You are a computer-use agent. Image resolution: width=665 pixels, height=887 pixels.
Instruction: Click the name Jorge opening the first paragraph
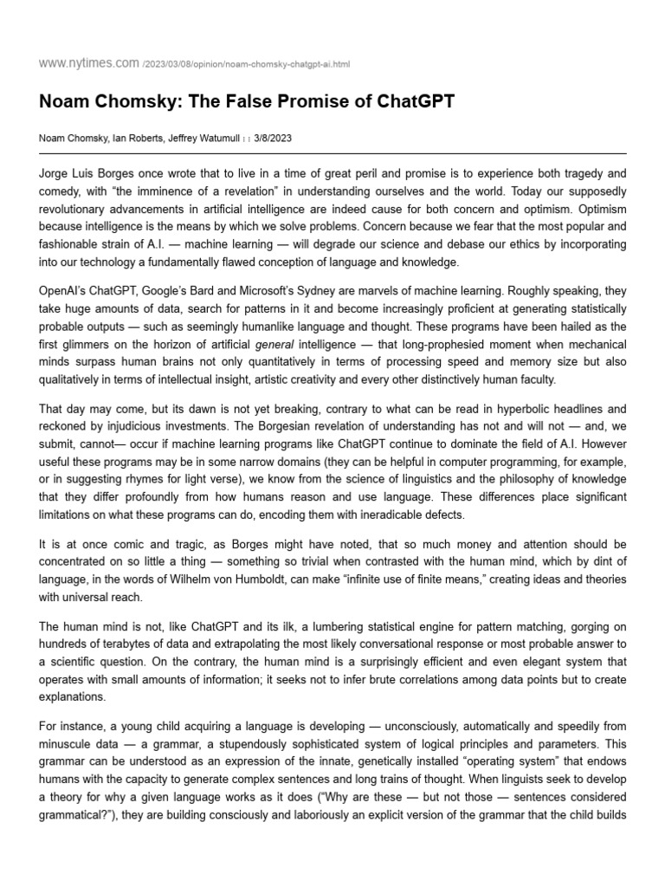click(x=58, y=174)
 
